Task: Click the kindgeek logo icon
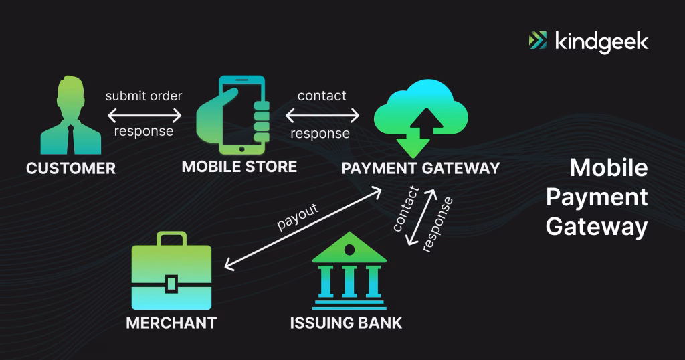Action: coord(538,41)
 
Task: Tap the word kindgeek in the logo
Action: coord(601,41)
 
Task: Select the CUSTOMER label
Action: coord(71,168)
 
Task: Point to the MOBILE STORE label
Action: coord(239,166)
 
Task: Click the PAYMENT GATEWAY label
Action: coord(420,168)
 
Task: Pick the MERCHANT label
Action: coord(171,323)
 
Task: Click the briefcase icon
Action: coord(172,271)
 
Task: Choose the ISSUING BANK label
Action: coord(346,323)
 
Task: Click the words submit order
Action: coord(143,96)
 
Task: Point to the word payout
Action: coord(298,216)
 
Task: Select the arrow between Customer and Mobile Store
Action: coord(144,114)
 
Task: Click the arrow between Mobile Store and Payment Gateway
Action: coord(322,115)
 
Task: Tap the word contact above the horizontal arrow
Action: coord(322,96)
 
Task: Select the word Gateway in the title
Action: coord(596,227)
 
